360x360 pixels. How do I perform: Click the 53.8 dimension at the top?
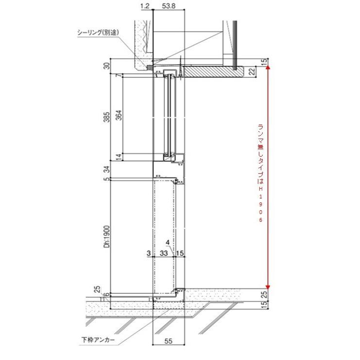coord(168,6)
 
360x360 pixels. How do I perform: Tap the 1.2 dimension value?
coord(145,6)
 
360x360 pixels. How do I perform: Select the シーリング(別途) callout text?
coord(98,33)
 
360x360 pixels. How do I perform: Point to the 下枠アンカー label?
coord(98,340)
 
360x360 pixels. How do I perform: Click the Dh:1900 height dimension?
coord(107,237)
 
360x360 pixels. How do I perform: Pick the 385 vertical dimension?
coord(107,117)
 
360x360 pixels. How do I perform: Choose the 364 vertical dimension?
coord(119,115)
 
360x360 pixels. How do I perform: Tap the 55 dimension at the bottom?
coord(168,341)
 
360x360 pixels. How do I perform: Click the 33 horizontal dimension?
coord(163,253)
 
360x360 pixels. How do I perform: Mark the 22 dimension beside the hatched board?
coord(252,72)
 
